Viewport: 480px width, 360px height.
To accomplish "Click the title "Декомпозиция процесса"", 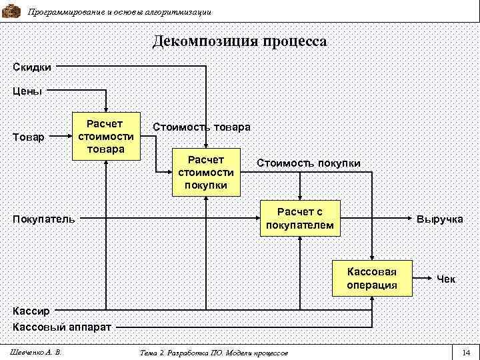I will (x=240, y=41).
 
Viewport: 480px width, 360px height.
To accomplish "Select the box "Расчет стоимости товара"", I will (x=106, y=136).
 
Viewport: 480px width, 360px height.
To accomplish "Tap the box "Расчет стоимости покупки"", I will (x=206, y=172).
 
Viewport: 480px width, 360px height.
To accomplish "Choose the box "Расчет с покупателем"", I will (x=300, y=218).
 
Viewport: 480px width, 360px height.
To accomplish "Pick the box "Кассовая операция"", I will (x=372, y=277).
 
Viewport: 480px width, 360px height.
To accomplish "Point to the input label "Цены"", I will (x=27, y=91).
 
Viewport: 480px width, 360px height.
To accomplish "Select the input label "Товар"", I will (x=29, y=137).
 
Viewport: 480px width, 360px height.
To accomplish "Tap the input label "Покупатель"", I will (x=44, y=218).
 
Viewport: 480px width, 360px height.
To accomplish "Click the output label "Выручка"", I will (x=439, y=219).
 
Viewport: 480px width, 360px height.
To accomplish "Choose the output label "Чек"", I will (x=446, y=279).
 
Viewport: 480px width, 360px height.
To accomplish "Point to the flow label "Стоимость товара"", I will (x=201, y=127).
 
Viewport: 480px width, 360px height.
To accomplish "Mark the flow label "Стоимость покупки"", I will (x=309, y=163).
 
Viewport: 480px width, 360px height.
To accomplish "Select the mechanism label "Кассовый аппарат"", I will (x=62, y=327).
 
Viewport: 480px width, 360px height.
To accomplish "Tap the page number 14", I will (x=465, y=352).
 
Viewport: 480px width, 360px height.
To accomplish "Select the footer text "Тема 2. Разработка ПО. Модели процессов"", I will (x=215, y=352).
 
